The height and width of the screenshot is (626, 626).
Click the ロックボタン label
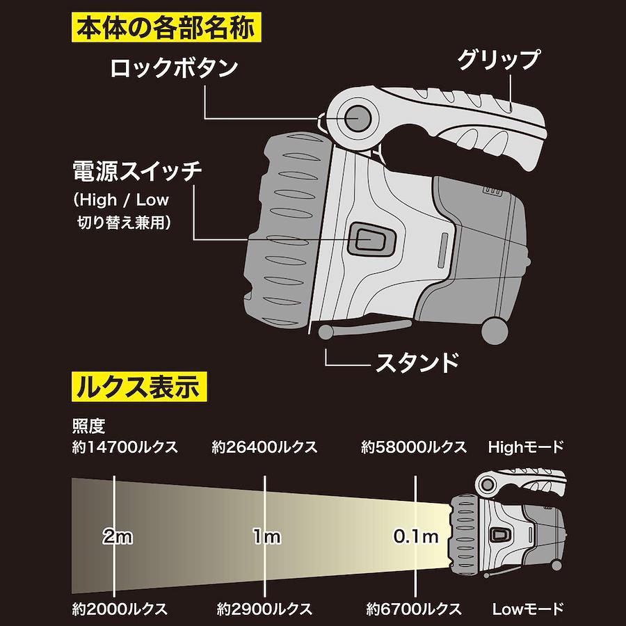point(175,68)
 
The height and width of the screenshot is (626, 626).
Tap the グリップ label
point(497,60)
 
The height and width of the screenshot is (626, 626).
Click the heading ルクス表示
point(138,385)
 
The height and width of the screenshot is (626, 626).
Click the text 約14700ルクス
point(125,447)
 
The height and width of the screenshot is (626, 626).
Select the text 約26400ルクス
point(264,447)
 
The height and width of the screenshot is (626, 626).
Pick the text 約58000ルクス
point(414,447)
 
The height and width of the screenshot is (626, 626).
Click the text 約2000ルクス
point(120,609)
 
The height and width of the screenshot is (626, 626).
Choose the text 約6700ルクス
point(414,609)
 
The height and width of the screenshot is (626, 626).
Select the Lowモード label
point(527,609)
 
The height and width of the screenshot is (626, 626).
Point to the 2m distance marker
point(117,536)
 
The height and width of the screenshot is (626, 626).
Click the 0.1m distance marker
point(415,536)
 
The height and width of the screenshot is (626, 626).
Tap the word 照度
point(88,425)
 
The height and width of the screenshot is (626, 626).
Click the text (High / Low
point(121,200)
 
